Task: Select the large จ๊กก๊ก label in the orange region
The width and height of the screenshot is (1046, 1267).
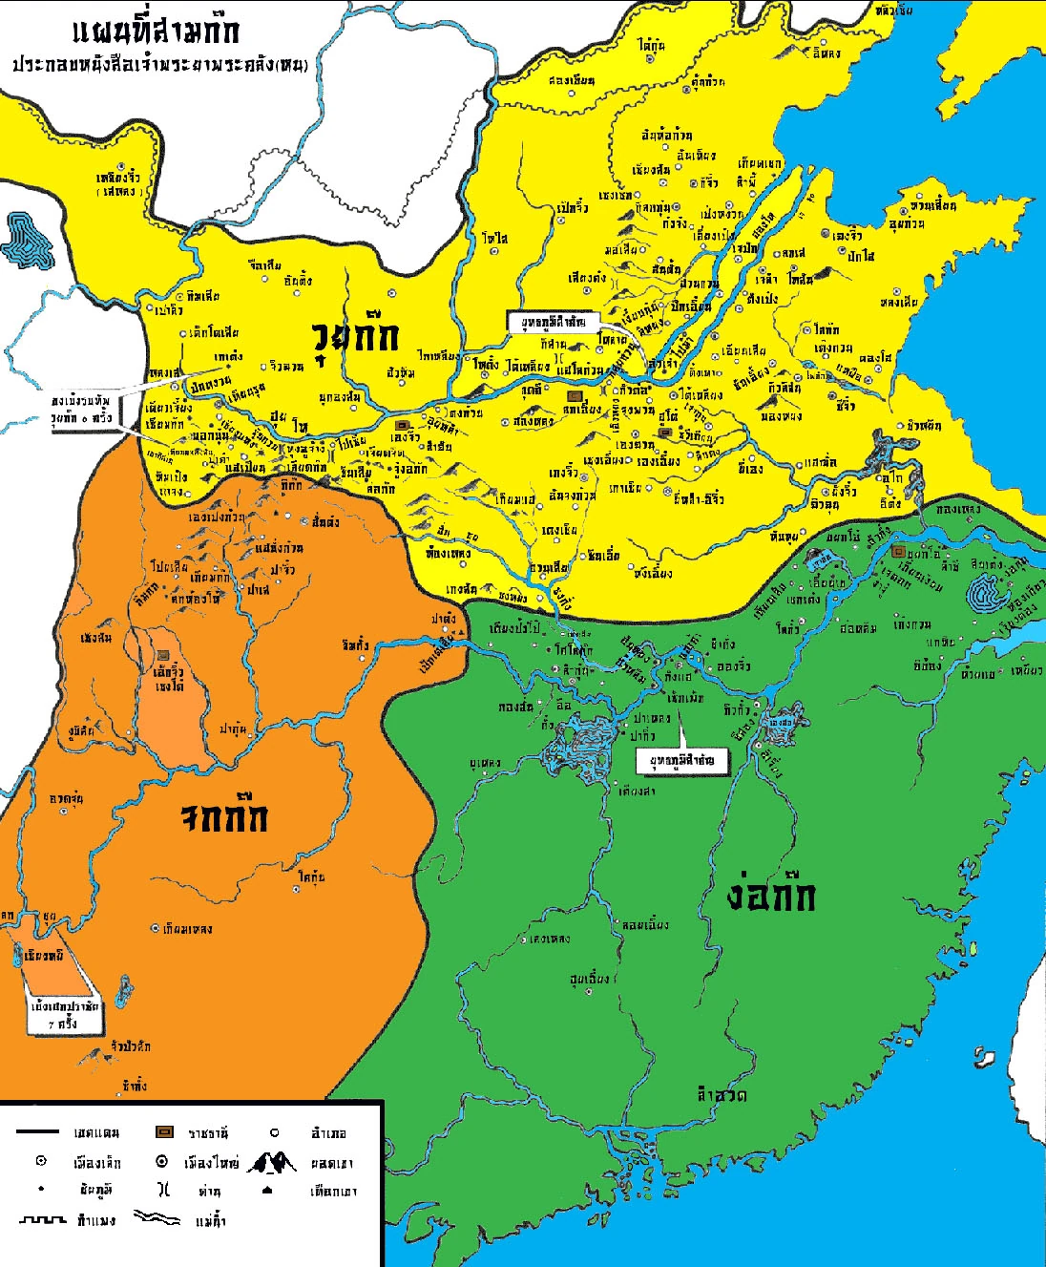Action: tap(225, 817)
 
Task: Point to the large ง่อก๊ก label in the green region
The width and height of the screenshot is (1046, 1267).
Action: tap(770, 896)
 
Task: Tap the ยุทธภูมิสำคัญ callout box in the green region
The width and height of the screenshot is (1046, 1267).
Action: tap(681, 759)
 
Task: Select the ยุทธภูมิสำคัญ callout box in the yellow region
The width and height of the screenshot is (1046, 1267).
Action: tap(554, 323)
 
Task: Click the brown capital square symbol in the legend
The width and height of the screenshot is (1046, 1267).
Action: tap(164, 1132)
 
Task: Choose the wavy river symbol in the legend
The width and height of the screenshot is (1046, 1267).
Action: tap(157, 1217)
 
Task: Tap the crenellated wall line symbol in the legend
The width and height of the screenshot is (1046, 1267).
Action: tap(43, 1219)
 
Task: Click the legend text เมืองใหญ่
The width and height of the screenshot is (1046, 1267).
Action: tap(211, 1163)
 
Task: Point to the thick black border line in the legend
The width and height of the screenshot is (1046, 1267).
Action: tap(37, 1132)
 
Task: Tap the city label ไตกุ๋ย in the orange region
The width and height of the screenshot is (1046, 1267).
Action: tap(311, 876)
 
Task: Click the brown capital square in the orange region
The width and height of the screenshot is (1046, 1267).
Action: tap(163, 656)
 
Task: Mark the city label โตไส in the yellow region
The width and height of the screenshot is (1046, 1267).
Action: tap(494, 238)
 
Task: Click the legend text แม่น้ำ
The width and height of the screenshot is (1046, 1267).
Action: tap(210, 1220)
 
